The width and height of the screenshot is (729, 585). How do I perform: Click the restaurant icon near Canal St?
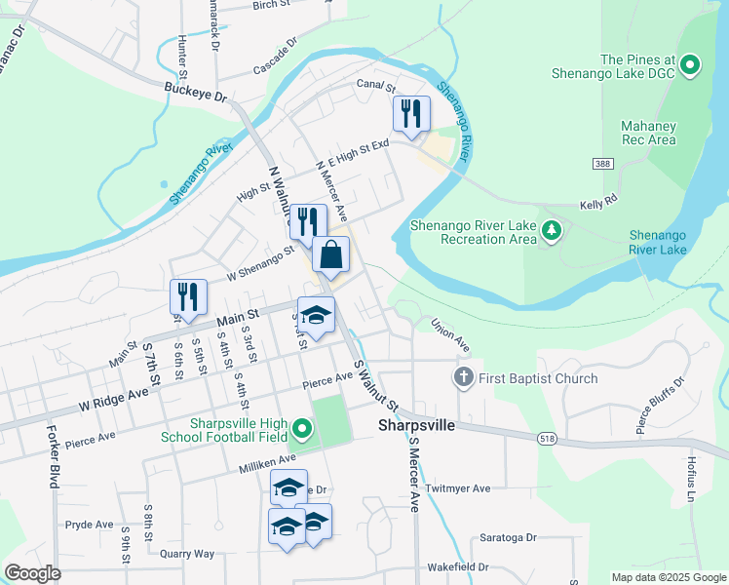tap(411, 113)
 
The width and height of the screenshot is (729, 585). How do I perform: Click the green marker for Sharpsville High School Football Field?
tap(302, 428)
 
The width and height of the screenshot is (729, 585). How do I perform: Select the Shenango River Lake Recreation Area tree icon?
tap(553, 231)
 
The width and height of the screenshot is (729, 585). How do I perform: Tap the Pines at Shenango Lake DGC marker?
tap(690, 66)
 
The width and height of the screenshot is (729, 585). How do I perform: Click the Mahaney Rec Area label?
tap(648, 133)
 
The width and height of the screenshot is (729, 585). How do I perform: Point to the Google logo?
tap(32, 572)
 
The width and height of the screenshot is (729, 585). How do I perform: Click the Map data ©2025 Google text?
tap(668, 577)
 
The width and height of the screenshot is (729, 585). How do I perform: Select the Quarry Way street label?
tap(186, 554)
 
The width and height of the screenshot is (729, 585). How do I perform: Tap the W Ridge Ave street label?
tap(113, 398)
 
